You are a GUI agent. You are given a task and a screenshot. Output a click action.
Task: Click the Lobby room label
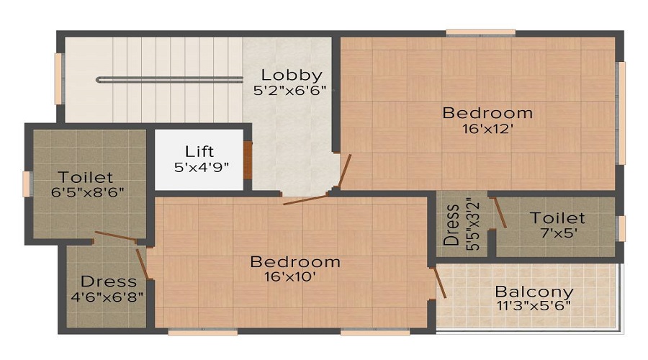click(x=291, y=75)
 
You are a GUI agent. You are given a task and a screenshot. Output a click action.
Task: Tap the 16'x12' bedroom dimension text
click(x=487, y=130)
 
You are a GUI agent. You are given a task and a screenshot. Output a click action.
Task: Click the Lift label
click(x=199, y=152)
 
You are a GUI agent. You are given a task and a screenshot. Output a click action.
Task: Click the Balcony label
click(x=534, y=292)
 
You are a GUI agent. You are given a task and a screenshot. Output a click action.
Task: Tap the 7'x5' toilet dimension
click(x=557, y=233)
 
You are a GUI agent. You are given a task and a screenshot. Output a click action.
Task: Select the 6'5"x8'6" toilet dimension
click(x=86, y=192)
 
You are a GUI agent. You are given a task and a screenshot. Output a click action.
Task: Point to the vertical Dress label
click(x=452, y=225)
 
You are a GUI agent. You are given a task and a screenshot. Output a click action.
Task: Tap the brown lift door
click(x=248, y=160)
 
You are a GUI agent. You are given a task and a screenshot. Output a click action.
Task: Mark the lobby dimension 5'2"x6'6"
click(x=289, y=91)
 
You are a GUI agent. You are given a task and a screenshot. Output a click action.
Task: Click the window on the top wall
click(x=480, y=32)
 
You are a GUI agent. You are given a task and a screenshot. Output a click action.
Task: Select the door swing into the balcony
click(x=440, y=282)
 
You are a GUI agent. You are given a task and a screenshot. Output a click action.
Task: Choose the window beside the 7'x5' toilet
click(x=621, y=228)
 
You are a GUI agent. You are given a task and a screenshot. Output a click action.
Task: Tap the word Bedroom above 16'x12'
click(x=487, y=113)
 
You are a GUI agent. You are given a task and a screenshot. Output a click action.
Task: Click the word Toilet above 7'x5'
click(x=557, y=217)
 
